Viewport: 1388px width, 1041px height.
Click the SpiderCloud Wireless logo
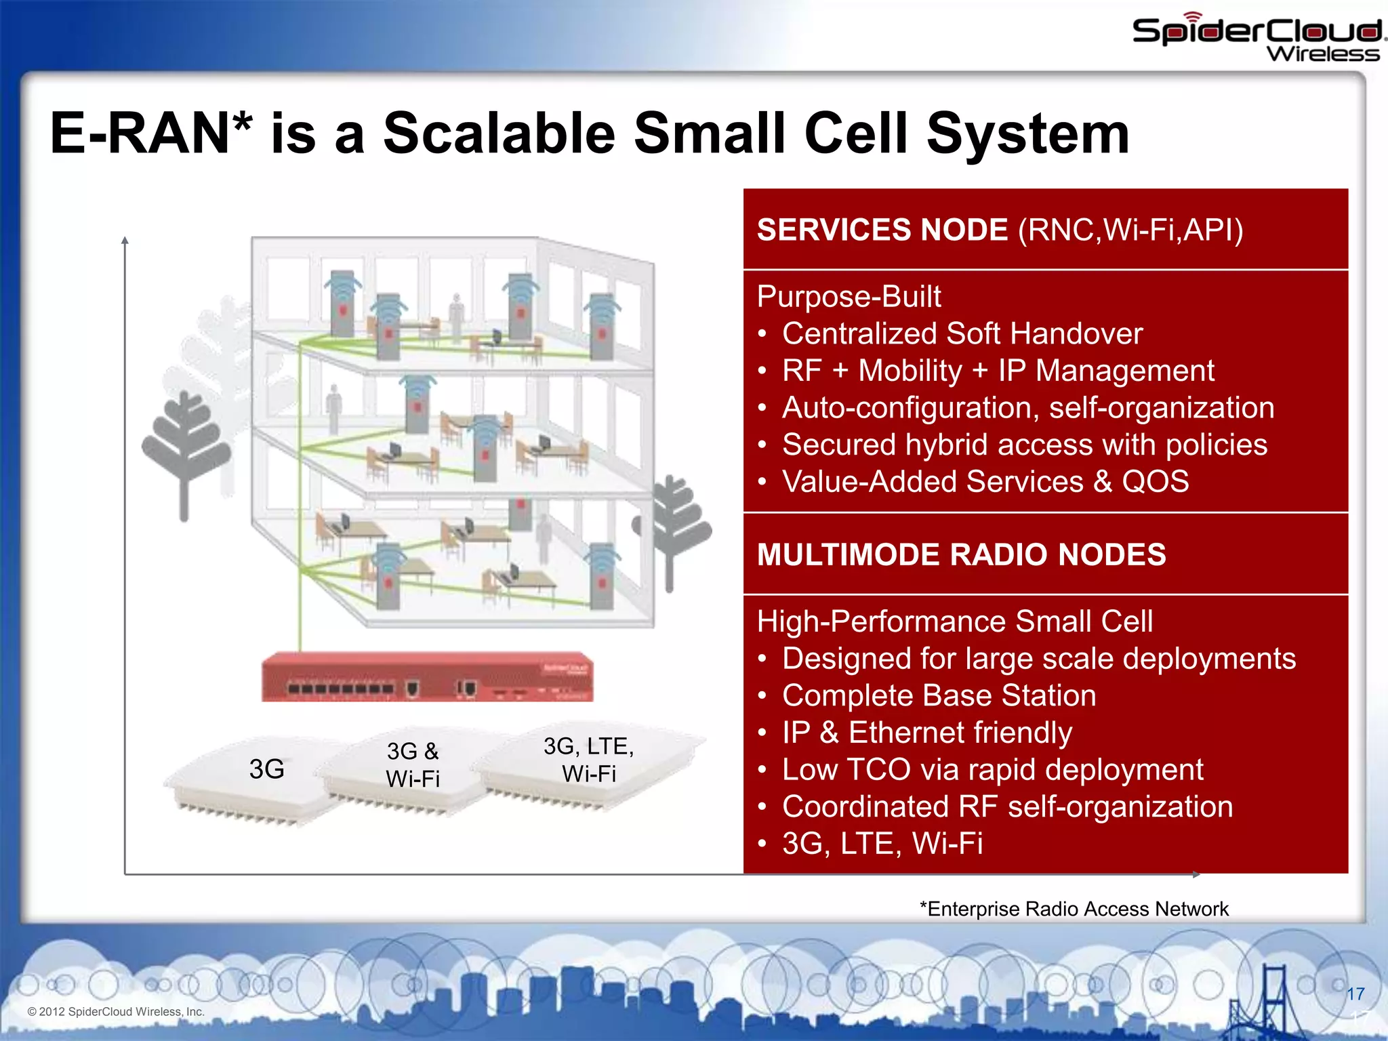[1257, 38]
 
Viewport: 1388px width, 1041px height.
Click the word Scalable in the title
[499, 134]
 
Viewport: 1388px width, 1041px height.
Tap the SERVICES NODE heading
[882, 230]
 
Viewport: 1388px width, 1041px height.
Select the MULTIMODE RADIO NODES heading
[961, 555]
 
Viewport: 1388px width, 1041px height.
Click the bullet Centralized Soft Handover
[962, 334]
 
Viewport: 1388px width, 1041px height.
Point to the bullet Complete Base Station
[939, 696]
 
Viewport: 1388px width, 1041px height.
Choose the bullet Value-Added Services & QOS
[985, 482]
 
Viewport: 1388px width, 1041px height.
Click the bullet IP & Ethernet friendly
[926, 733]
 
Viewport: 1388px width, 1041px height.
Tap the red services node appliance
[428, 677]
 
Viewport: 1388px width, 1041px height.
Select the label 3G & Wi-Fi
[413, 765]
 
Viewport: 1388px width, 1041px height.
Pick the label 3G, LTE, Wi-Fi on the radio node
[588, 760]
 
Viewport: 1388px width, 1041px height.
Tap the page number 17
[1355, 994]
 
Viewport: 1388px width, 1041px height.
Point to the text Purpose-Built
[849, 297]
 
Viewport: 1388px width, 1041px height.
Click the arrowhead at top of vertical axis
[125, 241]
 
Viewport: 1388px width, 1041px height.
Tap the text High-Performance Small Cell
[954, 621]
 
